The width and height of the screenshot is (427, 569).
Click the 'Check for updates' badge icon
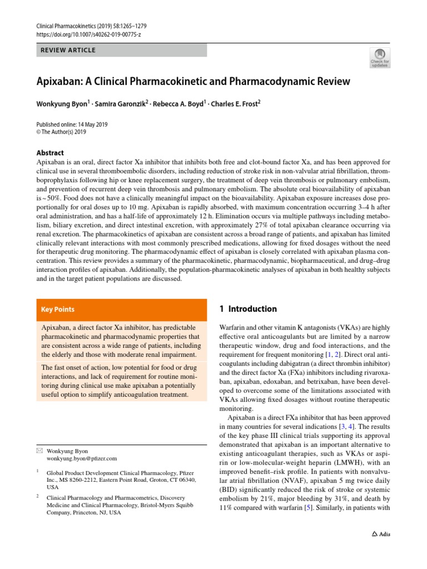pos(379,57)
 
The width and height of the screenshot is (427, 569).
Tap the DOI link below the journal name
pos(88,34)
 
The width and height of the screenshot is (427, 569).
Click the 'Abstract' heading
pos(49,153)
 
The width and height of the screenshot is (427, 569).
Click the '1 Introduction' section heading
pos(248,309)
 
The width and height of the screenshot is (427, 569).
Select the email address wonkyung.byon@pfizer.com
pos(82,458)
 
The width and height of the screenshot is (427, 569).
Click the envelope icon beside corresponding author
pos(39,451)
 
